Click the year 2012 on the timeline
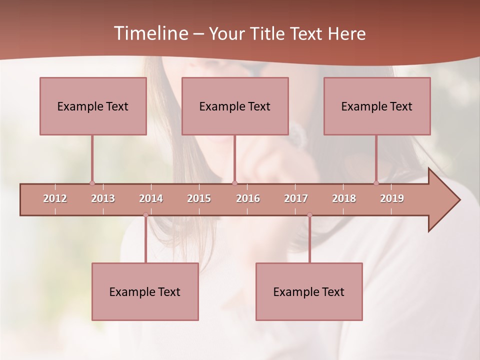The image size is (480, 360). [x=55, y=198]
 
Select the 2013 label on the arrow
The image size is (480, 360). [x=103, y=198]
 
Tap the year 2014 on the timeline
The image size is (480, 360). [x=151, y=198]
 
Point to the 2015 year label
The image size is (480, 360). [x=199, y=198]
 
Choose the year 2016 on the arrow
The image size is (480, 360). [x=248, y=198]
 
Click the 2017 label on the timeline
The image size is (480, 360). [x=296, y=198]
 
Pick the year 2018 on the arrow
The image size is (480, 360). [x=344, y=198]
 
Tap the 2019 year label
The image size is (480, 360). [x=392, y=198]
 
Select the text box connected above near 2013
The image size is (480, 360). [x=93, y=106]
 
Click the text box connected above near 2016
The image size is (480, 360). [x=235, y=106]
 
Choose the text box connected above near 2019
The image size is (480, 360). [x=377, y=106]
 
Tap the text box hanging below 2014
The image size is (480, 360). [x=145, y=291]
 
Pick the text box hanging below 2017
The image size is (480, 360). [x=309, y=291]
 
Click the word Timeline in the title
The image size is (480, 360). [x=150, y=33]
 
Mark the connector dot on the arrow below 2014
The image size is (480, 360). [x=145, y=215]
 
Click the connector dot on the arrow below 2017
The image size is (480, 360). [x=309, y=215]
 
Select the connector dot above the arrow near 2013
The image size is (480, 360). [x=92, y=183]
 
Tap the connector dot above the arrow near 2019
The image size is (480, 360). [x=376, y=183]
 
